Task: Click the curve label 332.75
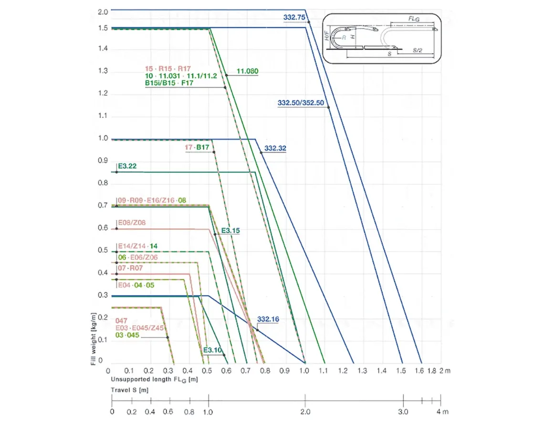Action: [x=294, y=17]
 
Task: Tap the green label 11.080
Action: [x=247, y=71]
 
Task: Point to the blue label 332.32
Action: [x=275, y=148]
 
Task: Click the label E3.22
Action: [x=127, y=166]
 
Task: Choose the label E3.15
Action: [x=230, y=231]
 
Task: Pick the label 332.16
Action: [x=268, y=319]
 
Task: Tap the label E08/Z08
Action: [x=131, y=223]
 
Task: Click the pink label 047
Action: [x=122, y=320]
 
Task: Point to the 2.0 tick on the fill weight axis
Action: [x=103, y=11]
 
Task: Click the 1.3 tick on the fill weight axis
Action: [x=103, y=72]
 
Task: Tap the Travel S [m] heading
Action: [x=130, y=390]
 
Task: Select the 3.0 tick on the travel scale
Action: [x=403, y=411]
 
